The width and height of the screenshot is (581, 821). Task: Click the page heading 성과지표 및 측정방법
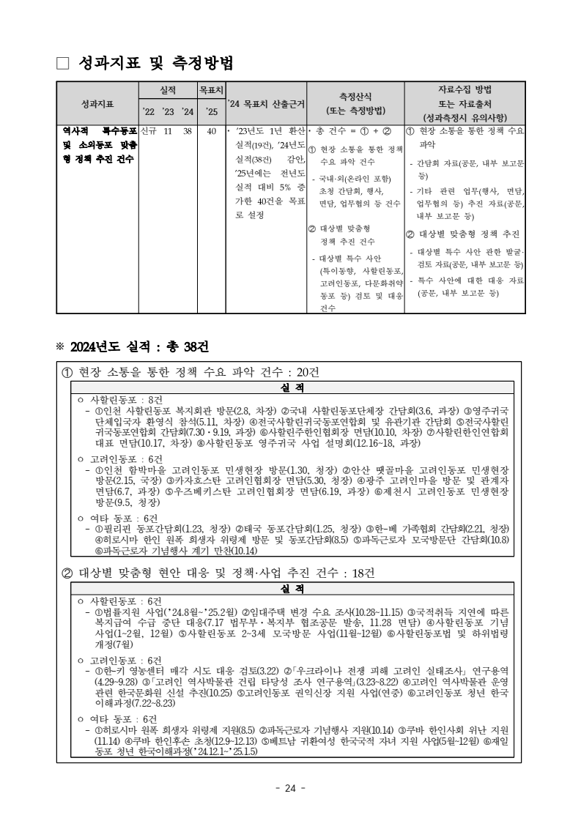tap(155, 64)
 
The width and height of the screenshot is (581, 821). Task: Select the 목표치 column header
tap(212, 91)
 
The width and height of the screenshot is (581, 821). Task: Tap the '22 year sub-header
tap(149, 111)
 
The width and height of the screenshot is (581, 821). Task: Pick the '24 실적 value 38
tap(188, 132)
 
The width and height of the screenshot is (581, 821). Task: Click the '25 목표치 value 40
tap(212, 132)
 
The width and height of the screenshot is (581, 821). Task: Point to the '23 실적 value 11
tap(168, 132)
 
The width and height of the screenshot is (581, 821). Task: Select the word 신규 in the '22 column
tap(149, 132)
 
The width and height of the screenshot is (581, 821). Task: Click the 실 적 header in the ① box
tap(292, 387)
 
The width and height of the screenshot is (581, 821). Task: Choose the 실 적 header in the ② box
tap(292, 588)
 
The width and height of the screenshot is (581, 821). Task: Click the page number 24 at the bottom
tap(290, 788)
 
